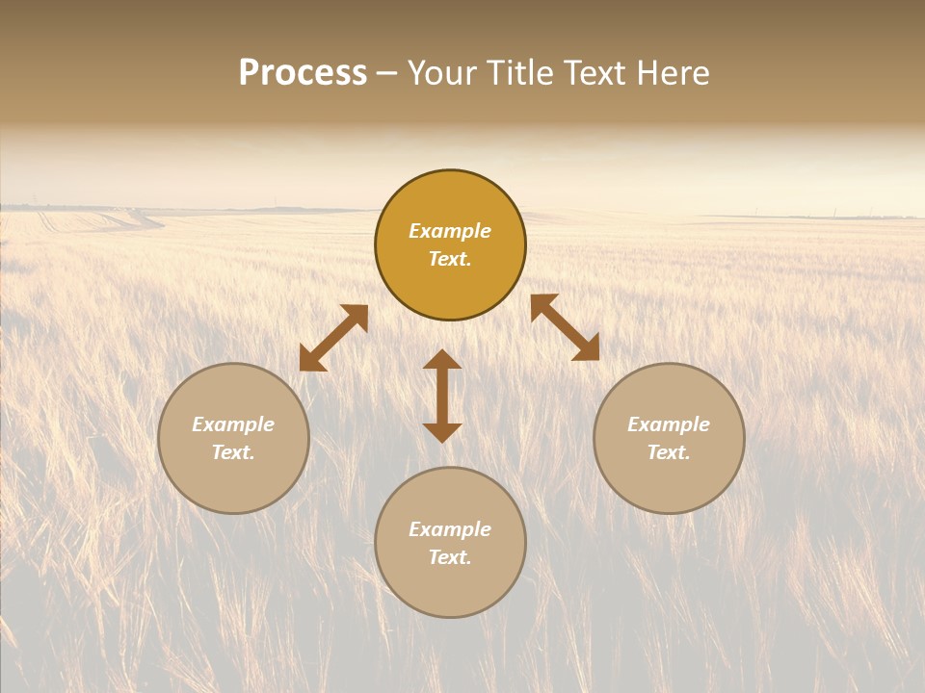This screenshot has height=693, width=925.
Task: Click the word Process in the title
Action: point(303,73)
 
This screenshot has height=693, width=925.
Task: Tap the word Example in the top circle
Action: point(450,231)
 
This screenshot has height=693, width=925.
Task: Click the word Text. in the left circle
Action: point(233,452)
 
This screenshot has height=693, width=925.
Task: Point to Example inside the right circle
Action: point(669,424)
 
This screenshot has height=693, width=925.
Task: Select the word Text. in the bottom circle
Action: point(450,557)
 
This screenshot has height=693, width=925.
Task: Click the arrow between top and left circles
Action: point(333,338)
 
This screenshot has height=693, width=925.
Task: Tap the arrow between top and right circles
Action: point(565,327)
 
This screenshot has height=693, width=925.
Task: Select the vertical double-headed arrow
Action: point(442,396)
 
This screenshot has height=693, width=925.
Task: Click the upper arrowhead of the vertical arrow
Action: point(442,360)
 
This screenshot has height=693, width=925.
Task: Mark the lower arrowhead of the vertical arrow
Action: point(442,432)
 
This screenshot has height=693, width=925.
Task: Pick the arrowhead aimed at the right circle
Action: point(587,349)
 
